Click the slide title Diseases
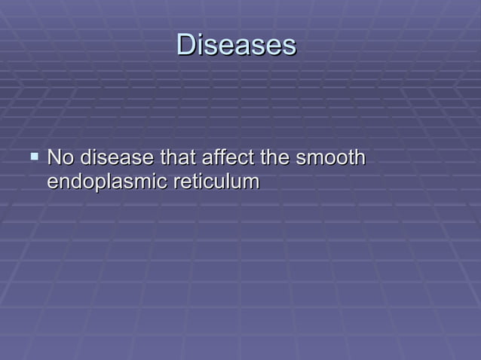click(x=236, y=45)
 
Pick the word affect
click(x=225, y=159)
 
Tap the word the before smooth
click(x=275, y=159)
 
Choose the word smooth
click(x=331, y=159)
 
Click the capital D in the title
click(x=185, y=45)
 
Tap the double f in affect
click(x=222, y=159)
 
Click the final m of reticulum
click(x=252, y=183)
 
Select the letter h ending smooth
click(x=360, y=159)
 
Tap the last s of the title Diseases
click(x=289, y=46)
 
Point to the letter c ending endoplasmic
click(x=149, y=183)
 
